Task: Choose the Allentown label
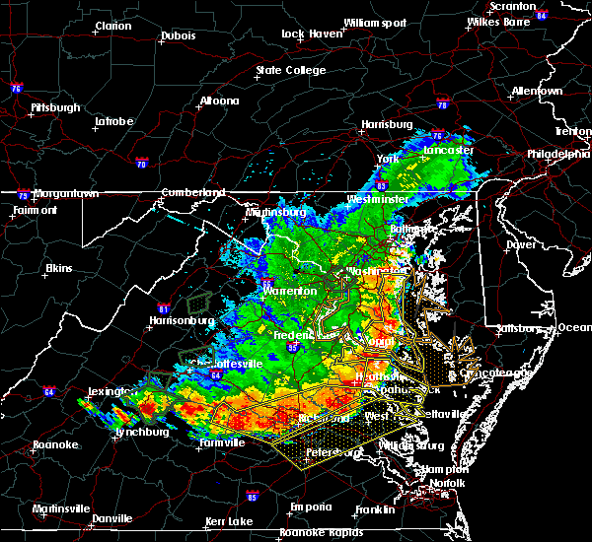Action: coord(538,91)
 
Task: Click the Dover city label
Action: coord(520,243)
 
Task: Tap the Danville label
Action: coord(111,518)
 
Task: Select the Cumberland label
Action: coord(193,192)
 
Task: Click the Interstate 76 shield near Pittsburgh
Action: coord(16,89)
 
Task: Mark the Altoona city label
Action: coord(219,101)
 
